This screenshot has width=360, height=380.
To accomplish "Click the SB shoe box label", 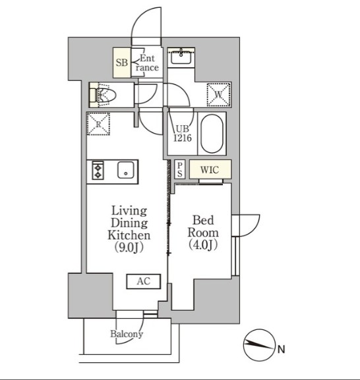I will tap(121, 63).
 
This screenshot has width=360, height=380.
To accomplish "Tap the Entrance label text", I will tap(146, 63).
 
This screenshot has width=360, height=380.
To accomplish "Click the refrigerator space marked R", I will tap(98, 124).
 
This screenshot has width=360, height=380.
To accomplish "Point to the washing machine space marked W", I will tap(218, 94).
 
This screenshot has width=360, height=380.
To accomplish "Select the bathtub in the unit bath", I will tap(212, 134).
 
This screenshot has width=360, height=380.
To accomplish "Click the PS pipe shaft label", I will tap(179, 169).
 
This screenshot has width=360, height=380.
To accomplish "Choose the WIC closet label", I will tap(210, 169).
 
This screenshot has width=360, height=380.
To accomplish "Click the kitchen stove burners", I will tap(98, 171).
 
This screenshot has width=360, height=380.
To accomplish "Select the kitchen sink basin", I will tap(125, 171).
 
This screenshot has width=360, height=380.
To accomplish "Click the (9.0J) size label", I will tap(129, 247).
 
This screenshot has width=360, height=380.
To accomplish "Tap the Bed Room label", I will tap(203, 227).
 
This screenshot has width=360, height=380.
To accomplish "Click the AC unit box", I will tap(144, 281).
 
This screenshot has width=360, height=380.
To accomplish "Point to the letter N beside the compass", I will tap(281, 349).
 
